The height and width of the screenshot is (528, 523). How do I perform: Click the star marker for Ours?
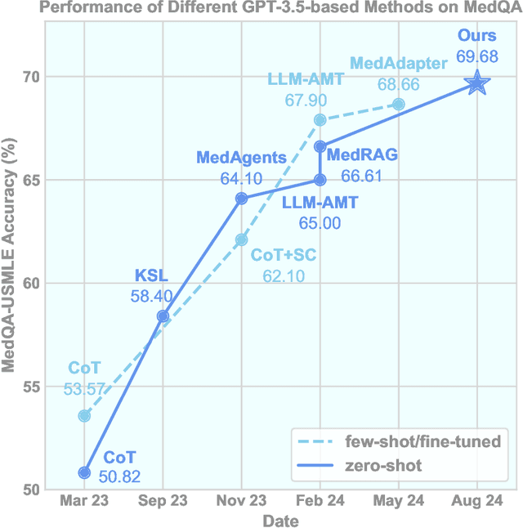tap(477, 83)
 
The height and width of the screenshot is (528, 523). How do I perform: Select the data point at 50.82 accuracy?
tap(84, 472)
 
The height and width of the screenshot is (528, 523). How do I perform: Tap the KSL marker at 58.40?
tap(163, 315)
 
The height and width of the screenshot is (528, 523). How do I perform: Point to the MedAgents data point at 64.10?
tap(241, 198)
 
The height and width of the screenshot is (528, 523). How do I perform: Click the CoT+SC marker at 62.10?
tap(241, 239)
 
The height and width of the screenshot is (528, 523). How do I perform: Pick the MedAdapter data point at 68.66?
tap(399, 104)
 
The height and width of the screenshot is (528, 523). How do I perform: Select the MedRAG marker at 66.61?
tap(320, 146)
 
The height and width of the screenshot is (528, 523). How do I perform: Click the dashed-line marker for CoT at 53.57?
tap(84, 416)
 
